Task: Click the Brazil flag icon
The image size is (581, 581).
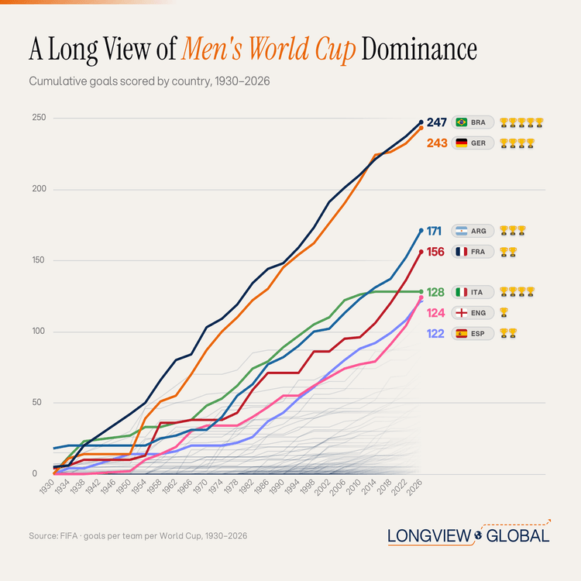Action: click(462, 122)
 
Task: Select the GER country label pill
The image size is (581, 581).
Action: click(473, 143)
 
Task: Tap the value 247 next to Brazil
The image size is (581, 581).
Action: click(436, 122)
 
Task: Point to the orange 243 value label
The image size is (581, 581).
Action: click(437, 143)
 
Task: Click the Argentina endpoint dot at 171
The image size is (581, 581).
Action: click(421, 231)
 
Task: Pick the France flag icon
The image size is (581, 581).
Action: click(462, 252)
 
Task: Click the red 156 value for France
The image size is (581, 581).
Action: click(435, 252)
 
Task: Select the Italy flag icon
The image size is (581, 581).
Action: click(462, 292)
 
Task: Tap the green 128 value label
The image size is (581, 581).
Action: click(435, 292)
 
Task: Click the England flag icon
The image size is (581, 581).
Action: click(462, 313)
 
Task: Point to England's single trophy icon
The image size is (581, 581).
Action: click(504, 313)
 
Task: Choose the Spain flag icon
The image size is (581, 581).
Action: click(462, 334)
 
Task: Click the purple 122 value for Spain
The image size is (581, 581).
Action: click(435, 334)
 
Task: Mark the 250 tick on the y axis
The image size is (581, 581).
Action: click(39, 118)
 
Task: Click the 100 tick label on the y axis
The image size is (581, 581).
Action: click(39, 331)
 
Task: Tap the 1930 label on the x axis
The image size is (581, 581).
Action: click(47, 486)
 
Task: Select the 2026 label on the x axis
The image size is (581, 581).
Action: click(414, 486)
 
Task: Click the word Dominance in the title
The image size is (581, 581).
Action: click(419, 49)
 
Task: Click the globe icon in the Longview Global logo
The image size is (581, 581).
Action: click(478, 535)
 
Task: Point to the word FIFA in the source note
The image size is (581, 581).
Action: click(68, 536)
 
